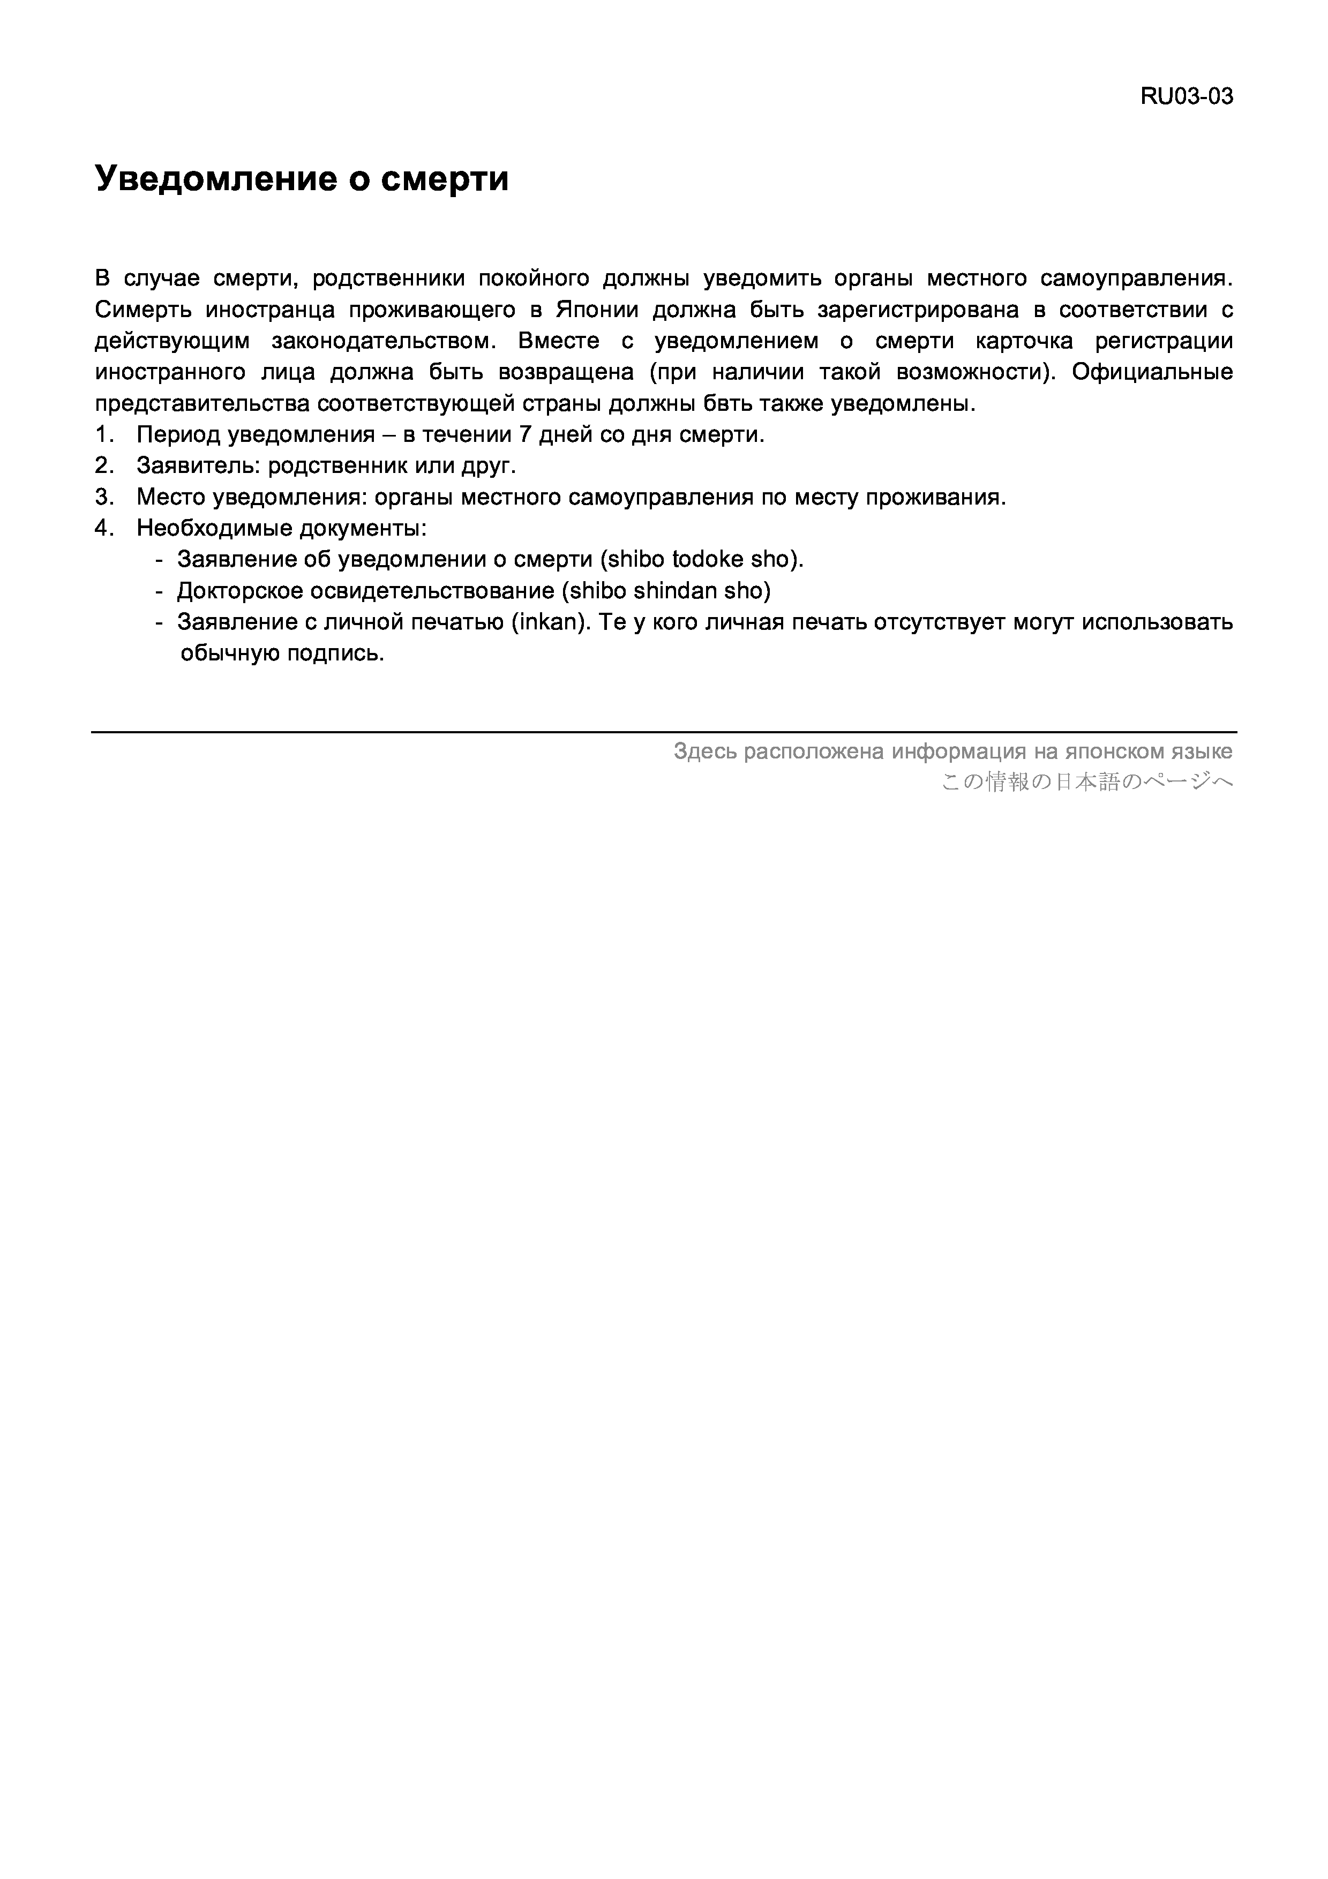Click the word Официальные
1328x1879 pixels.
(1151, 372)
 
